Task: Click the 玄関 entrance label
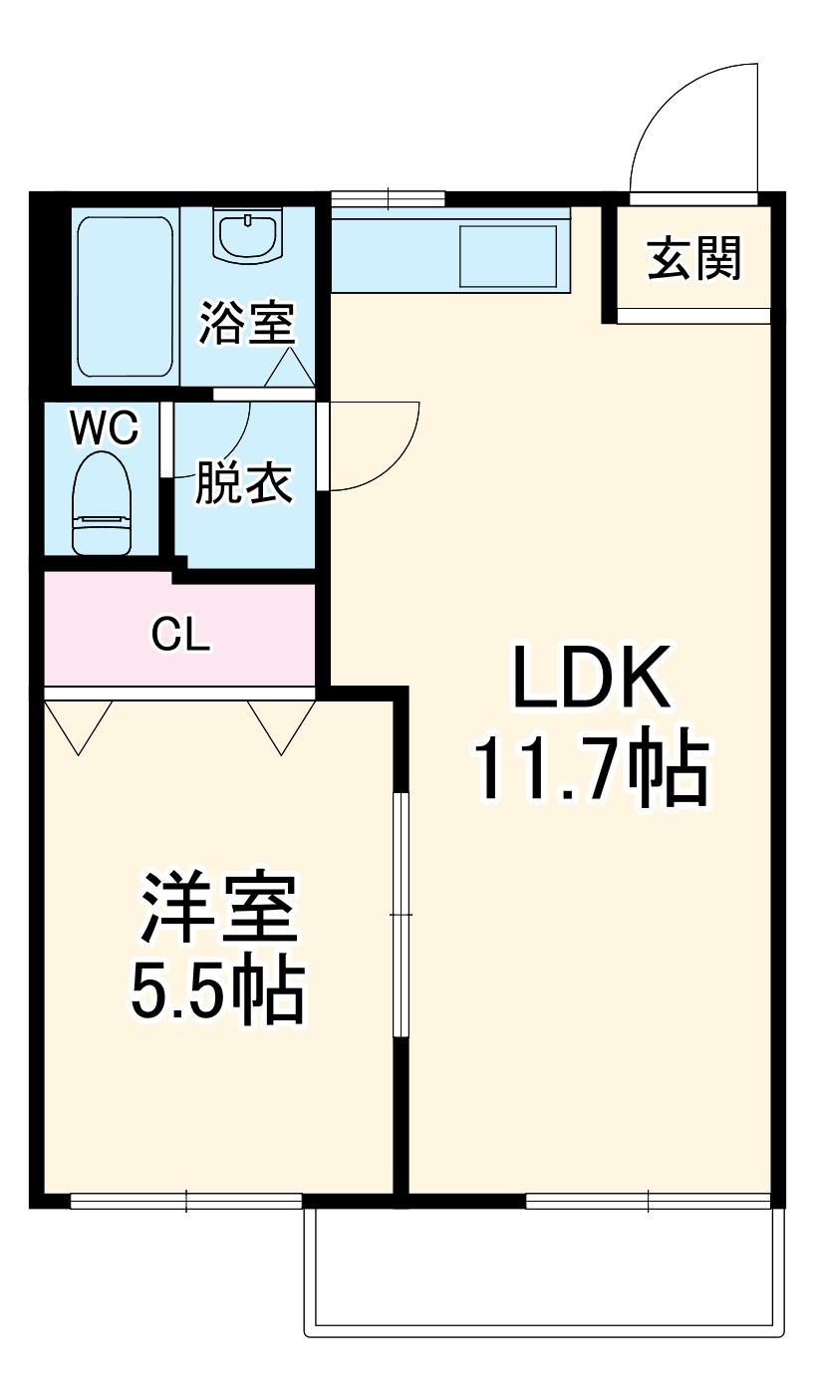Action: pyautogui.click(x=694, y=260)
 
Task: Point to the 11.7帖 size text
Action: pyautogui.click(x=591, y=772)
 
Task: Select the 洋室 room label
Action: pyautogui.click(x=218, y=909)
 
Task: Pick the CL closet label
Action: pyautogui.click(x=180, y=634)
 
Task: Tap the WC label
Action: pyautogui.click(x=104, y=429)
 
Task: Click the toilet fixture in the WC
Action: pyautogui.click(x=103, y=502)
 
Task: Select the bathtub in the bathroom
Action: pyautogui.click(x=126, y=296)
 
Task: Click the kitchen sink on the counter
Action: pyautogui.click(x=507, y=256)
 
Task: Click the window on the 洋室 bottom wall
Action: pyautogui.click(x=186, y=1201)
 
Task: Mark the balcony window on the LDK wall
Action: pyautogui.click(x=648, y=1201)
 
